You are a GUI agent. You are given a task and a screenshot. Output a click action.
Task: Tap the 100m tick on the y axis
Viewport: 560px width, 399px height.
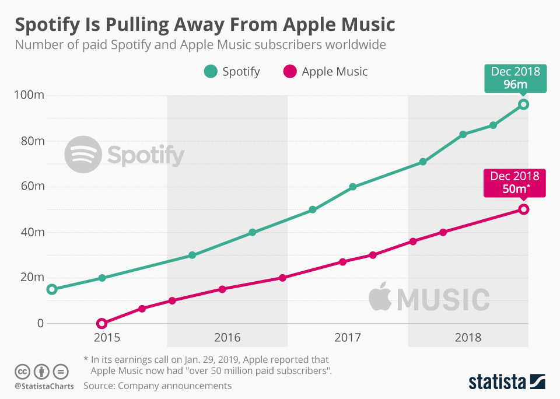[x=30, y=95]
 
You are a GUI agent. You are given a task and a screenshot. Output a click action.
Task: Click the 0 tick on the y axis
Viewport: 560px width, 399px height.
[x=40, y=323]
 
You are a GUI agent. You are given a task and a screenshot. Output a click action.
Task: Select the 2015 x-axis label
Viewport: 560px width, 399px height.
[x=107, y=338]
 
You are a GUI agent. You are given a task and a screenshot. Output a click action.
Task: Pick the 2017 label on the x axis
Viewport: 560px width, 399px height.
[x=348, y=338]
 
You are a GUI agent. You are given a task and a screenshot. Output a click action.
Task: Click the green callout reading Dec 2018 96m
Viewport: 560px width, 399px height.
[x=516, y=78]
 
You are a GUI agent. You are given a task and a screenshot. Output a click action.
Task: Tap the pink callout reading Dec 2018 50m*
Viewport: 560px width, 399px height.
[x=516, y=182]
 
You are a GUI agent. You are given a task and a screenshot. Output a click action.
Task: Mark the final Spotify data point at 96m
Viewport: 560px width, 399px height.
[x=523, y=104]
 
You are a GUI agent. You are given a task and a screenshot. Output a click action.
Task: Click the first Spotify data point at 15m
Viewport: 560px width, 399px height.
[x=52, y=289]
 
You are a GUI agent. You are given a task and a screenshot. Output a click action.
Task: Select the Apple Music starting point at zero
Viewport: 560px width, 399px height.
[x=102, y=323]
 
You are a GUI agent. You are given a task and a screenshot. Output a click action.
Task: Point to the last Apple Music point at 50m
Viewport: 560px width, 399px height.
[x=523, y=209]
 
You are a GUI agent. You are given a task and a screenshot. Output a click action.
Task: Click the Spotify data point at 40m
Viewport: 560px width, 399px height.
[x=253, y=232]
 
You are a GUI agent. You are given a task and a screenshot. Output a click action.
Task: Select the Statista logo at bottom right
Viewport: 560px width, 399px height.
[x=507, y=382]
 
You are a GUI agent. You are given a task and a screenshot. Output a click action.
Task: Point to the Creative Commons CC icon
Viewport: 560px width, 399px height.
[x=22, y=371]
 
